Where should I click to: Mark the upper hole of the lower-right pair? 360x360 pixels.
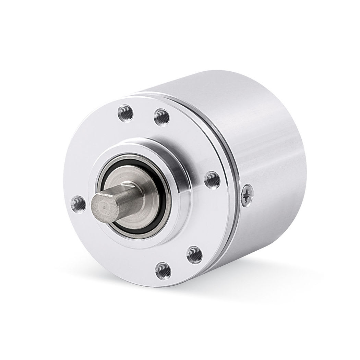pyautogui.click(x=194, y=254)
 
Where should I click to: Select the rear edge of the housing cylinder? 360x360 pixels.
pyautogui.click(x=302, y=154)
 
